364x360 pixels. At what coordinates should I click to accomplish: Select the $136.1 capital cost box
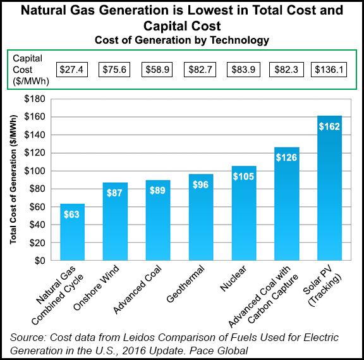tap(329, 69)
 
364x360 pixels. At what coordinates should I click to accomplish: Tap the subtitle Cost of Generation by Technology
tap(181, 40)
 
